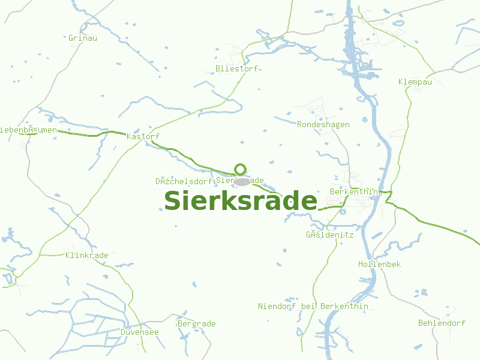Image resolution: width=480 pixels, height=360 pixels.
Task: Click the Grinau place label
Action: [83, 38]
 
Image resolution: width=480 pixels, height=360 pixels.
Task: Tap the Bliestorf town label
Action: [237, 68]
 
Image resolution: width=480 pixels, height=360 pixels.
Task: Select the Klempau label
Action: [415, 82]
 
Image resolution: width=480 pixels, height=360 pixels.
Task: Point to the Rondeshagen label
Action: [323, 124]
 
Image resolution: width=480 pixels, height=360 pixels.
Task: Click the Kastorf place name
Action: [143, 137]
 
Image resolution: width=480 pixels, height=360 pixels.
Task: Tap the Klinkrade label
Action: [87, 255]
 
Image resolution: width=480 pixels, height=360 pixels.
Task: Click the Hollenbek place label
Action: [379, 264]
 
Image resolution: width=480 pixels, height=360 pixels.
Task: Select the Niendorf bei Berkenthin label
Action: [313, 306]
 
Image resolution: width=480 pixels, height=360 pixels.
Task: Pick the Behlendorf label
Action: [442, 323]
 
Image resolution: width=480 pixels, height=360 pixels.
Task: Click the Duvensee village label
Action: [140, 332]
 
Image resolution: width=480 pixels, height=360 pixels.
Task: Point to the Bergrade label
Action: [197, 323]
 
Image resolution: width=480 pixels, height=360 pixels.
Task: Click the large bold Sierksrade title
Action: [241, 201]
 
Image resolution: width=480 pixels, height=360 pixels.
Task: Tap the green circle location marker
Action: [241, 169]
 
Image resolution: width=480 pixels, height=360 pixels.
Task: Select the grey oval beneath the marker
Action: [241, 182]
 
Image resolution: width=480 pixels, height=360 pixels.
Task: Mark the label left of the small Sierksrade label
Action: [184, 181]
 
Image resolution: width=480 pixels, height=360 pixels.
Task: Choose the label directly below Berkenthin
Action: [330, 235]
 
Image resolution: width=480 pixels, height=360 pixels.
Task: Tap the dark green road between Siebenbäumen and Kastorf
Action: [90, 134]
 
